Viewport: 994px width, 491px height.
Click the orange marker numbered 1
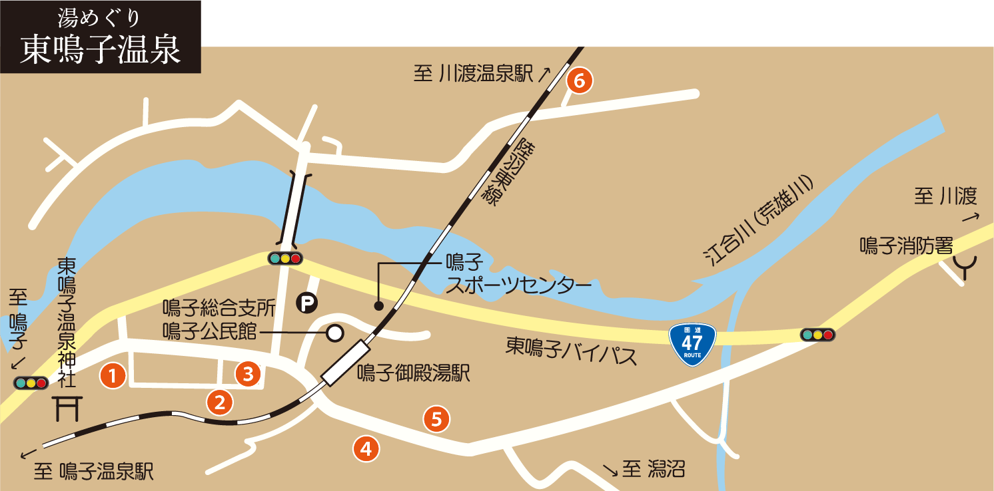coord(113,376)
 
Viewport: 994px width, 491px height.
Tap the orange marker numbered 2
coord(219,401)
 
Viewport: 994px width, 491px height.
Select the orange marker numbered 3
coord(248,374)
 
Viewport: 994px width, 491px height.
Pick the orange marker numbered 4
coord(366,448)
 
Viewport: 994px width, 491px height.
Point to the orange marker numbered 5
coord(436,419)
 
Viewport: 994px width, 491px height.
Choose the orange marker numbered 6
coord(579,81)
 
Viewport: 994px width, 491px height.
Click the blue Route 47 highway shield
coord(692,344)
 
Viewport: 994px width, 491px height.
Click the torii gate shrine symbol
coord(67,408)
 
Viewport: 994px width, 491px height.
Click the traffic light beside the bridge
coord(285,258)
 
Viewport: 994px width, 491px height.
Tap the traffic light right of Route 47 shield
coord(817,335)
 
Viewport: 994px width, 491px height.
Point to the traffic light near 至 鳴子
coord(31,383)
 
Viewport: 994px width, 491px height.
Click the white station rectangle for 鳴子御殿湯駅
coord(345,363)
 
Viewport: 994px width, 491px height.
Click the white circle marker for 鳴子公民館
coord(334,332)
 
